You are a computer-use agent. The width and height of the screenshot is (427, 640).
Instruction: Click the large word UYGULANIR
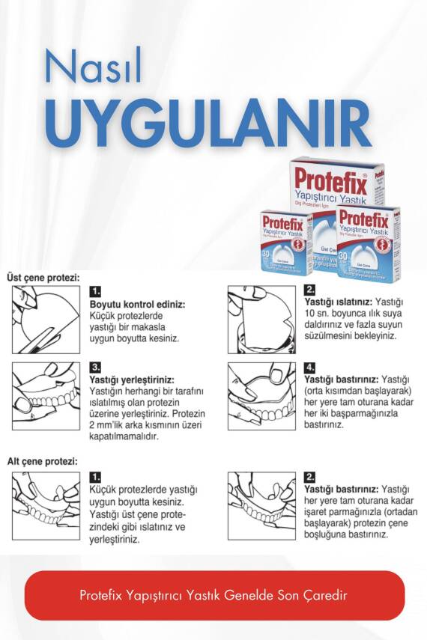pyautogui.click(x=208, y=121)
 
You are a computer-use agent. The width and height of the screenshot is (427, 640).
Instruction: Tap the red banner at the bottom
pyautogui.click(x=214, y=595)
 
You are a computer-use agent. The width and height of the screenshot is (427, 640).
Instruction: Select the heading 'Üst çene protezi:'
pyautogui.click(x=43, y=277)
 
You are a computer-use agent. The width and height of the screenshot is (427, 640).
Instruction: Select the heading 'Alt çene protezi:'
pyautogui.click(x=42, y=461)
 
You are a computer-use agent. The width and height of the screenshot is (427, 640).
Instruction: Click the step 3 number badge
pyautogui.click(x=95, y=368)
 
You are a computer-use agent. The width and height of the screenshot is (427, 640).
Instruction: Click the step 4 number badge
pyautogui.click(x=310, y=368)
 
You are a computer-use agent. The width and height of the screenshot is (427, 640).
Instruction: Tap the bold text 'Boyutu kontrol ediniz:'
pyautogui.click(x=137, y=305)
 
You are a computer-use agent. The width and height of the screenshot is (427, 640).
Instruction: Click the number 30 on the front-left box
pyautogui.click(x=267, y=255)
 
